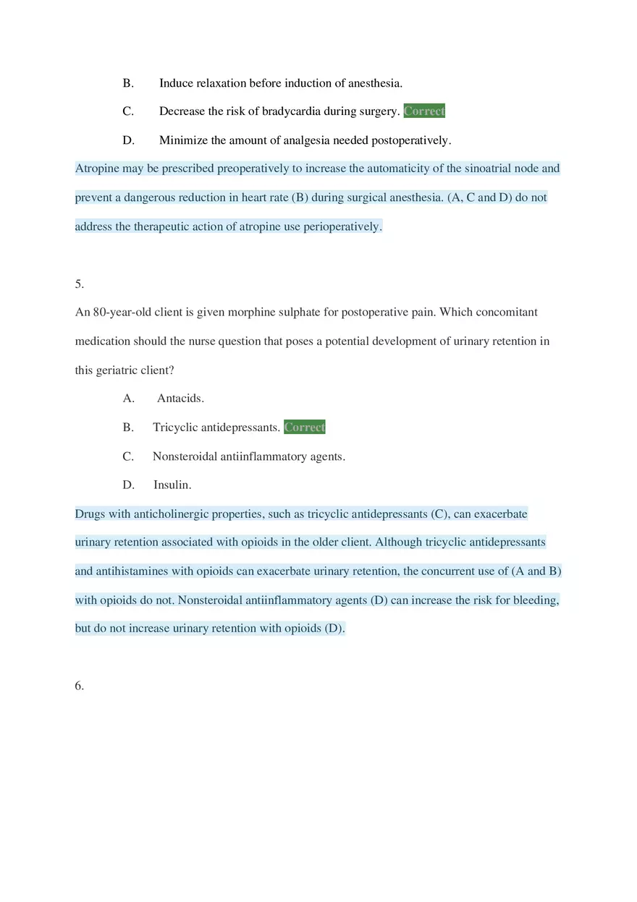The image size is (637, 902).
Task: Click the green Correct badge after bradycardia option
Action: click(x=424, y=111)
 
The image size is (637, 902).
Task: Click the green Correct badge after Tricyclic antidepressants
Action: click(x=305, y=427)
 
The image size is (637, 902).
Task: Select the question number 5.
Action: click(x=79, y=284)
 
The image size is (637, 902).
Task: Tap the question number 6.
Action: click(x=79, y=686)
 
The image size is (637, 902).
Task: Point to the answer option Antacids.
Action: click(x=180, y=398)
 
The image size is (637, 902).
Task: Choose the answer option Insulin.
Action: click(x=172, y=485)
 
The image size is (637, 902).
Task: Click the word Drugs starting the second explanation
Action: click(x=90, y=514)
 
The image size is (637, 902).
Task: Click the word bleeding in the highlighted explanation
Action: click(x=536, y=600)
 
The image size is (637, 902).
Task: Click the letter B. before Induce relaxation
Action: click(x=128, y=83)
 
